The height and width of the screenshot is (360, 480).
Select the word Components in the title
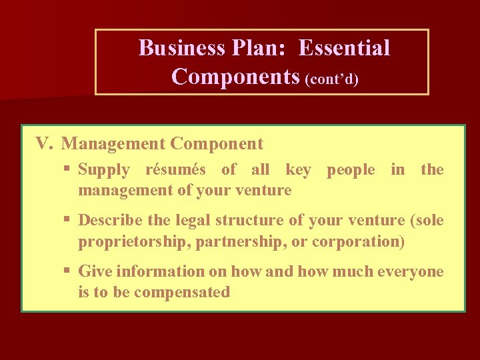coord(235,77)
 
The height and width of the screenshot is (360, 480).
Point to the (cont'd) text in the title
coord(332,80)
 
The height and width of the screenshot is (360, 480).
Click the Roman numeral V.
coord(44,143)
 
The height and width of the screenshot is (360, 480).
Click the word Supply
coord(104,170)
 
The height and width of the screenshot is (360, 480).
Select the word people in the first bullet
coord(351,170)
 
